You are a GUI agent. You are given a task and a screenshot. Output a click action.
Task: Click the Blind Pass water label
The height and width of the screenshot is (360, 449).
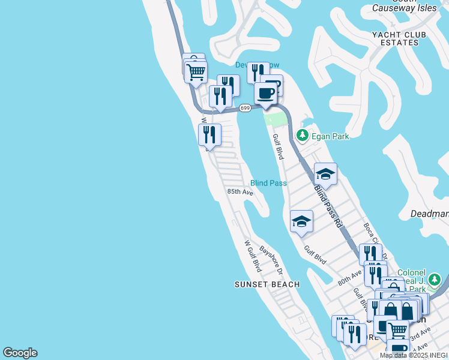pyautogui.click(x=268, y=183)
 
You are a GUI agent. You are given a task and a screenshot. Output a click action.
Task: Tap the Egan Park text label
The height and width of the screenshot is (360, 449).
pyautogui.click(x=330, y=136)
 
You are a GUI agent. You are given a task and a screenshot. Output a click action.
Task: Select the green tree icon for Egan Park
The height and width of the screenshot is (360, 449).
pyautogui.click(x=303, y=136)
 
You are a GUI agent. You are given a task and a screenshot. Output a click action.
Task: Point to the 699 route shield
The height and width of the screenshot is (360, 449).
pyautogui.click(x=244, y=108)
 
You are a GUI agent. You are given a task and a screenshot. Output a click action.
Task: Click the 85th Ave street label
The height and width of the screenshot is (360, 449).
pyautogui.click(x=240, y=192)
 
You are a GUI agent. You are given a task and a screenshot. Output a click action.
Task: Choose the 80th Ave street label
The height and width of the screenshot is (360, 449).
pyautogui.click(x=349, y=277)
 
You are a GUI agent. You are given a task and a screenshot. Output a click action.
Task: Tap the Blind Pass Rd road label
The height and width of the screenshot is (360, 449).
pyautogui.click(x=328, y=205)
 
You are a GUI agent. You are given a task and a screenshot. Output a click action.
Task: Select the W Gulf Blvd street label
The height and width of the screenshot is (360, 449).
pyautogui.click(x=252, y=255)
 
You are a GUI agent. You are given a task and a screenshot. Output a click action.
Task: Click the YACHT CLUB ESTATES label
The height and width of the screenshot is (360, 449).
pyautogui.click(x=399, y=38)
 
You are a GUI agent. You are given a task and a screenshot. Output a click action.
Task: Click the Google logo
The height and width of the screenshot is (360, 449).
pyautogui.click(x=20, y=353)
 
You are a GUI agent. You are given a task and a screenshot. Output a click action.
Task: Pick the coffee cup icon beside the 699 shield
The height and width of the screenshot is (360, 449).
pyautogui.click(x=265, y=94)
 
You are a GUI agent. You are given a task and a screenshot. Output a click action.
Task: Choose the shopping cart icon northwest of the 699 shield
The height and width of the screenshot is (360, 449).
pyautogui.click(x=196, y=73)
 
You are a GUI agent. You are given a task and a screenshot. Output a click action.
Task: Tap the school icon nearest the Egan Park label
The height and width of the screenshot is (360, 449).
pyautogui.click(x=325, y=174)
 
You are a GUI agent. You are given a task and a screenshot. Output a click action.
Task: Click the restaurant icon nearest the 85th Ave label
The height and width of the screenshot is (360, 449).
pyautogui.click(x=209, y=134)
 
